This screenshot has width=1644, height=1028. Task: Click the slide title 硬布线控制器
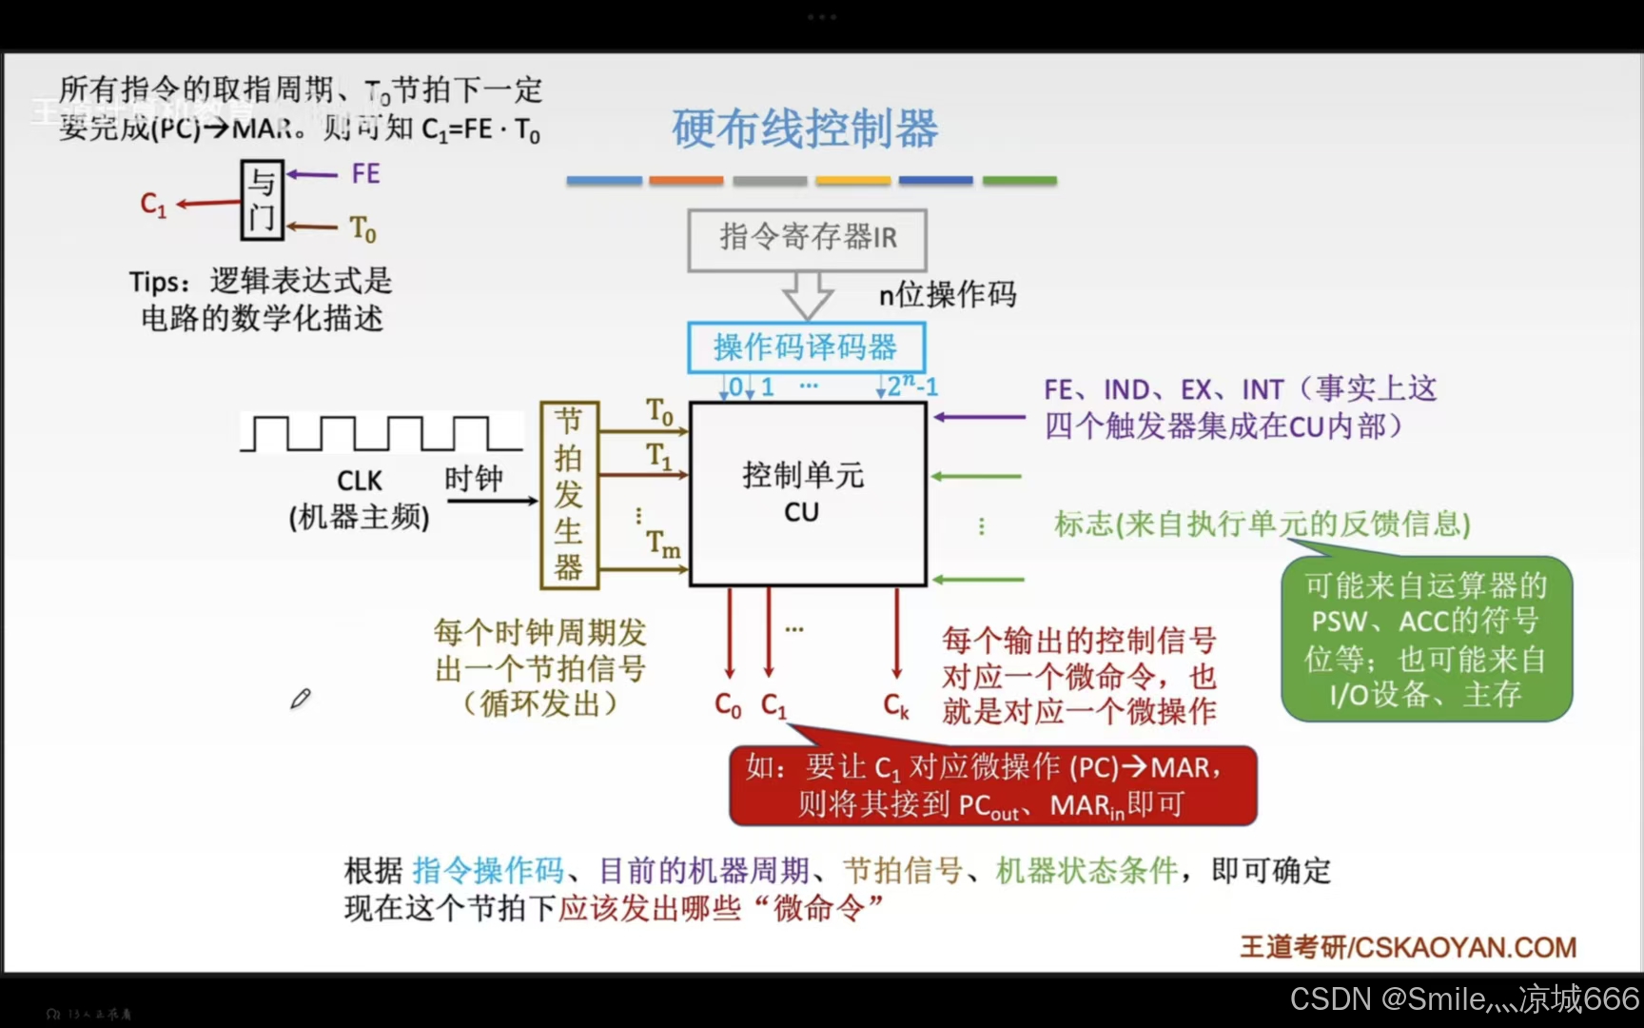coord(805,128)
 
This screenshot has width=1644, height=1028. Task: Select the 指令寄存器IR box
coord(807,238)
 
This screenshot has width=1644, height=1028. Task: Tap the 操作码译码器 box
coord(806,346)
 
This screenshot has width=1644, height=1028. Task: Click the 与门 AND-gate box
coord(262,200)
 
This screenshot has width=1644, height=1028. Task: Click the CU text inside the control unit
coord(801,513)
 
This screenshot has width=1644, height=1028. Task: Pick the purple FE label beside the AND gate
coord(365,173)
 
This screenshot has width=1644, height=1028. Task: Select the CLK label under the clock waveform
coord(360,481)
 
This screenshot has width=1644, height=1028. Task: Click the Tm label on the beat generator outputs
coord(663,544)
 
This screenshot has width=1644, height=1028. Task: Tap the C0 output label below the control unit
coord(728,705)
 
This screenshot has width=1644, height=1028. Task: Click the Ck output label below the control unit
coord(896,705)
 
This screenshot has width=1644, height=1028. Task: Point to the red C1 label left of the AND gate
coord(153,204)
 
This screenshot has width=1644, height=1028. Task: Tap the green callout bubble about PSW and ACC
coord(1425,639)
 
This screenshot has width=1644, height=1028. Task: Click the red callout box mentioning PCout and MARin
coord(992,786)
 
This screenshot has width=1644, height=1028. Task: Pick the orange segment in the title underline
coord(686,180)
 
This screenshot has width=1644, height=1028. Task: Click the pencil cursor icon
coord(301,699)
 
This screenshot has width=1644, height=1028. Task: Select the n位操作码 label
coord(948,295)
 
